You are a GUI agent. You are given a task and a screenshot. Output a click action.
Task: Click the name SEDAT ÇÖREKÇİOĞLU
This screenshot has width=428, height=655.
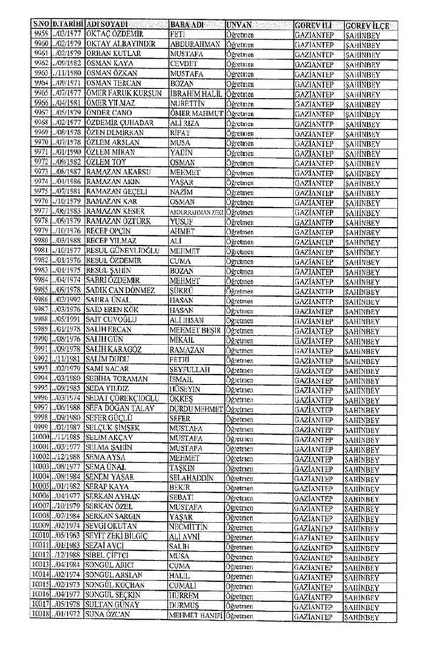click(x=119, y=398)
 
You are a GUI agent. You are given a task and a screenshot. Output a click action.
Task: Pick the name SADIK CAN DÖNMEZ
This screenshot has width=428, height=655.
click(x=118, y=290)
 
